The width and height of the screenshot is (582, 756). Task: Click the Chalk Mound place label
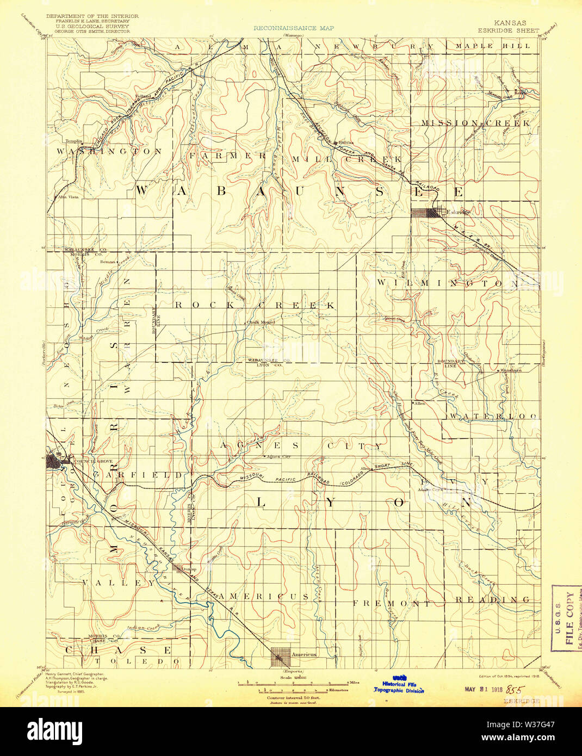pyautogui.click(x=261, y=322)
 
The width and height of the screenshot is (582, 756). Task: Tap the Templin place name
pyautogui.click(x=74, y=140)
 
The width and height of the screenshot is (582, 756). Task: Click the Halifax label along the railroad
pyautogui.click(x=346, y=142)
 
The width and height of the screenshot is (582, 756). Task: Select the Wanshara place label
pyautogui.click(x=511, y=370)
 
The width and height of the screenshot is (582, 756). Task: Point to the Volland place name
pyautogui.click(x=143, y=96)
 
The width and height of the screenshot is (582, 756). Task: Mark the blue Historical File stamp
pyautogui.click(x=398, y=687)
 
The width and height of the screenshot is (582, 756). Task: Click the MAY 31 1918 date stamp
pyautogui.click(x=483, y=689)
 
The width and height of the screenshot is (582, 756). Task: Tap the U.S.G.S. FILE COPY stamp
pyautogui.click(x=566, y=618)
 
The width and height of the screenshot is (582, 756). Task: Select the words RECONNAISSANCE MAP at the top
pyautogui.click(x=294, y=28)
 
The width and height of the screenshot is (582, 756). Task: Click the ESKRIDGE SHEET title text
pyautogui.click(x=510, y=31)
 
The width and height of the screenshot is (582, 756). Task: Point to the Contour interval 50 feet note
pyautogui.click(x=289, y=697)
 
